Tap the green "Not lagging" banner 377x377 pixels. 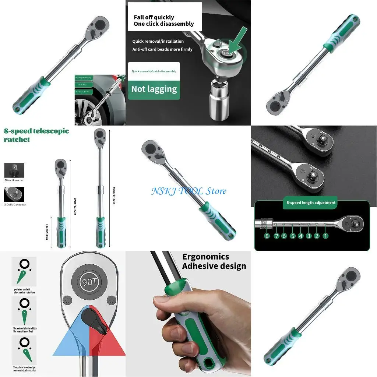[154, 89]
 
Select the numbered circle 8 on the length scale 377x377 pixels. [267, 236]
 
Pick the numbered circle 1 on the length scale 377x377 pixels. [325, 236]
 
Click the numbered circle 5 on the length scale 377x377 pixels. [293, 236]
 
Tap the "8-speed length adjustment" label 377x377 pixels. [311, 202]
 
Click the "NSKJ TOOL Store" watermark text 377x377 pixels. [189, 191]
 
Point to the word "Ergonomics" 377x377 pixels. [205, 257]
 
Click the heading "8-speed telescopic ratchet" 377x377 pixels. [36, 135]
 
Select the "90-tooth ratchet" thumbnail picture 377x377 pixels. [14, 170]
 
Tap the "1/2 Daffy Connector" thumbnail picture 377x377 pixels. [14, 194]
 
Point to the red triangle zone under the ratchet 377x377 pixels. [109, 342]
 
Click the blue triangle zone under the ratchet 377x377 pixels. [70, 342]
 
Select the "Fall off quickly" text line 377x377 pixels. [154, 17]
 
